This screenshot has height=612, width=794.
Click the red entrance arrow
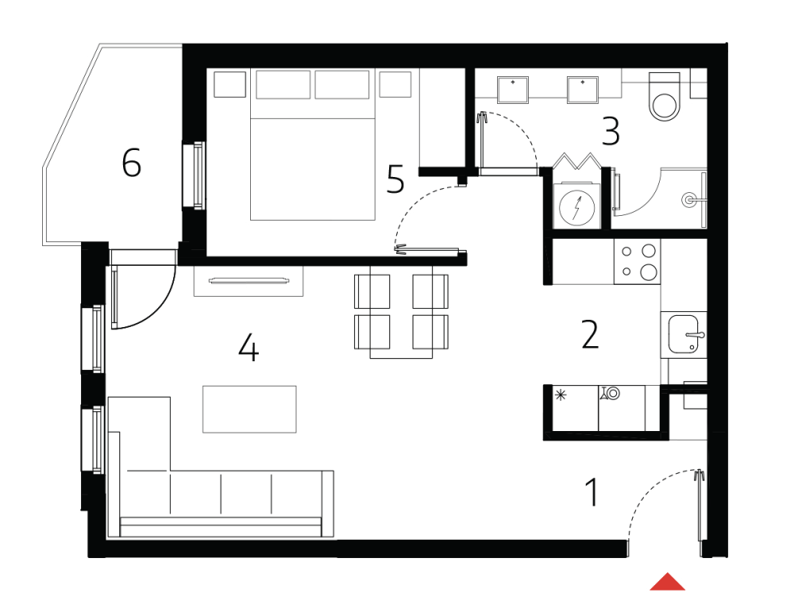click(x=667, y=583)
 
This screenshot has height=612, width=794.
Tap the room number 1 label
click(x=592, y=492)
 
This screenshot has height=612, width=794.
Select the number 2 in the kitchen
click(x=589, y=335)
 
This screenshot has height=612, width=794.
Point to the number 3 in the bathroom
click(x=610, y=132)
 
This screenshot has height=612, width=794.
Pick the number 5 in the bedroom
click(x=395, y=179)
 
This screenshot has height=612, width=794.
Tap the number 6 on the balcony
click(x=132, y=164)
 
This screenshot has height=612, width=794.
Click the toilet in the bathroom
click(x=665, y=97)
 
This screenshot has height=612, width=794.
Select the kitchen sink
click(x=684, y=334)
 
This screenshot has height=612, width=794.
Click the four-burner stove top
click(x=638, y=262)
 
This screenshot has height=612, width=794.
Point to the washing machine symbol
click(x=577, y=206)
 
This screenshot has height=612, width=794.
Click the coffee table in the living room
click(x=249, y=409)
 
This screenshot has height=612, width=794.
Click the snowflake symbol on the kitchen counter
click(x=561, y=395)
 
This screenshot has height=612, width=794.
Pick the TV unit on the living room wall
click(x=249, y=279)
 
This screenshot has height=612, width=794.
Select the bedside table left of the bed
click(x=231, y=84)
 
